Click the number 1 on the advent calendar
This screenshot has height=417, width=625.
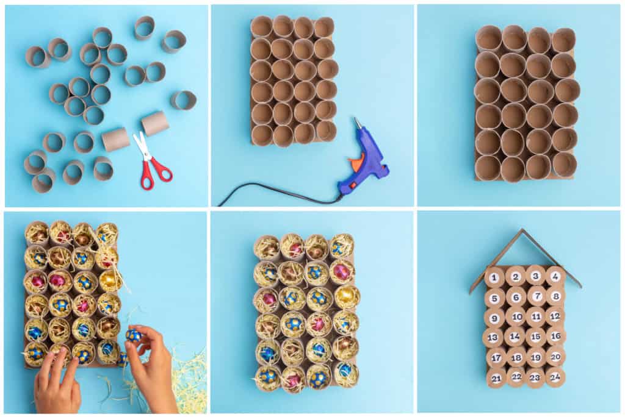click(x=494, y=277)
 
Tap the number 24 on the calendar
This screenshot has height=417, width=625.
click(x=555, y=376)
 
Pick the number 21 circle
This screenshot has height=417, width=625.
click(x=496, y=378)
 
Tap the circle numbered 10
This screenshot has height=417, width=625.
click(x=516, y=317)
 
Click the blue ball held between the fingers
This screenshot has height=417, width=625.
click(x=133, y=335)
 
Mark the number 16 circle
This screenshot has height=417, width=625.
click(x=555, y=336)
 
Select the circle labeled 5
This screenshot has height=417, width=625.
click(x=494, y=298)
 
